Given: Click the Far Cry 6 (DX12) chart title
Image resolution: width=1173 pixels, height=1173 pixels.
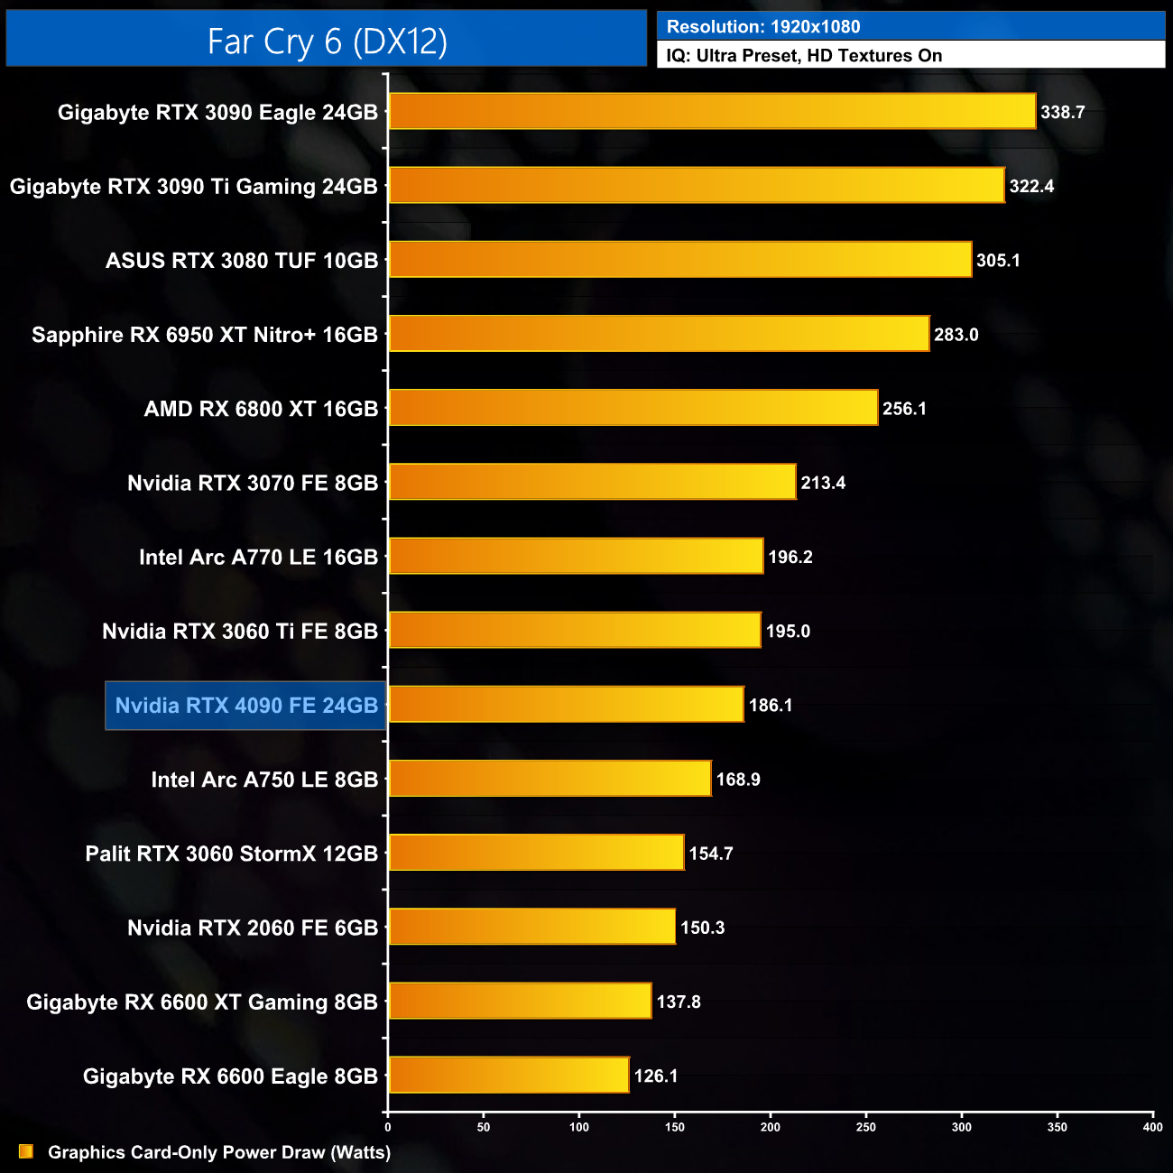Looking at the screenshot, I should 327,41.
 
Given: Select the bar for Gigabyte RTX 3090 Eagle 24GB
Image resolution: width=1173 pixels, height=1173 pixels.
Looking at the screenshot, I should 712,111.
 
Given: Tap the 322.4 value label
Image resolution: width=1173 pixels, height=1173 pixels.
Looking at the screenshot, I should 1031,186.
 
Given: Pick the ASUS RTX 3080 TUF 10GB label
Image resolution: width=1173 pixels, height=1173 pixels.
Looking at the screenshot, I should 242,261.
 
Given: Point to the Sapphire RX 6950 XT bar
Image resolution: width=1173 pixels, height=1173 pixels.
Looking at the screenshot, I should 659,334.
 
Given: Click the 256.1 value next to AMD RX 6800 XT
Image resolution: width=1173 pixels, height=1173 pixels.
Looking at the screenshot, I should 904,409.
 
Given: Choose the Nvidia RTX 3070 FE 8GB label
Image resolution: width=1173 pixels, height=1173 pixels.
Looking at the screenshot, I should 253,483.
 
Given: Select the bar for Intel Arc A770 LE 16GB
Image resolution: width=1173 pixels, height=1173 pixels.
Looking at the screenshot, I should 576,557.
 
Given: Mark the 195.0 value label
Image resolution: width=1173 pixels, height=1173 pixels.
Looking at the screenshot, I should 788,631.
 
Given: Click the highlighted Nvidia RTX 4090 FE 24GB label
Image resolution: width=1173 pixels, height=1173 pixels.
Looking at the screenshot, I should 246,706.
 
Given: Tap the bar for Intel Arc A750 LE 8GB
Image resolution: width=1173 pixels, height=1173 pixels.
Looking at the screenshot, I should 550,779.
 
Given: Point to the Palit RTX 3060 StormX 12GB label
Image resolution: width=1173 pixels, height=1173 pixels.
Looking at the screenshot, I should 232,854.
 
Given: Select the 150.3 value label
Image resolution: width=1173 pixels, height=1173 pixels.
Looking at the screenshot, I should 702,928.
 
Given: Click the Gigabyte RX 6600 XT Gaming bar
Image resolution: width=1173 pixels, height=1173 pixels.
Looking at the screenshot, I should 520,1001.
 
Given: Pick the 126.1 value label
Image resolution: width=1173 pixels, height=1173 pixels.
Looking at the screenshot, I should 656,1076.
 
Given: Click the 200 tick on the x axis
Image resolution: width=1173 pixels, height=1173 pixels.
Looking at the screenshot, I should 771,1127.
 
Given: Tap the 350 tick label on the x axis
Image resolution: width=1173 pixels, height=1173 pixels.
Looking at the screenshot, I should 1057,1127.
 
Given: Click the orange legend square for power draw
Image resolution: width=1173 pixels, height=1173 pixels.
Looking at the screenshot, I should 26,1151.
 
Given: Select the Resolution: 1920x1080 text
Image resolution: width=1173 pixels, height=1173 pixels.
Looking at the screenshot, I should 763,27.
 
